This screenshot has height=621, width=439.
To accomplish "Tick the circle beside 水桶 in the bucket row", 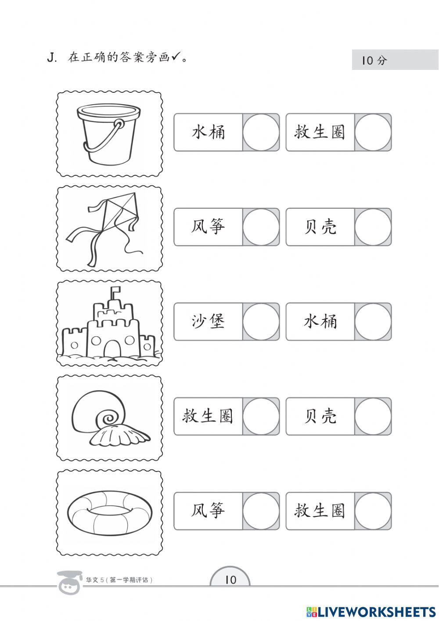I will [261, 132].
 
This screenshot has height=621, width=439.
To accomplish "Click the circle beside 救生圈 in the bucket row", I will [373, 132].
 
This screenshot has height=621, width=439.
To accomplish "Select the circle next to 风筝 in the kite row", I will [261, 227].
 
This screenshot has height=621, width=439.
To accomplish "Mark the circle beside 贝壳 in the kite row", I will [373, 227].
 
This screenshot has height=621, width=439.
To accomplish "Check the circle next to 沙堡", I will [261, 322].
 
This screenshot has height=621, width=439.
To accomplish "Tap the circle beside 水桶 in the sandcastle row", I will [373, 322].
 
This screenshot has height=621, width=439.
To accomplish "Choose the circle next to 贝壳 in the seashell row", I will [373, 416].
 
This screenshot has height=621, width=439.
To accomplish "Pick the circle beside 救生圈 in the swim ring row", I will [373, 511].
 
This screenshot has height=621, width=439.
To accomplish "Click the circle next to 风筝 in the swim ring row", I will [261, 511].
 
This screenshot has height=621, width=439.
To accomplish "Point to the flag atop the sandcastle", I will [116, 291].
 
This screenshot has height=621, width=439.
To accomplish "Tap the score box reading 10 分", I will [395, 60].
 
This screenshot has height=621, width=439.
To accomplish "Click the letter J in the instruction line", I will [51, 58].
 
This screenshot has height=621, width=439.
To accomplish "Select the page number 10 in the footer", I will [230, 580].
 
